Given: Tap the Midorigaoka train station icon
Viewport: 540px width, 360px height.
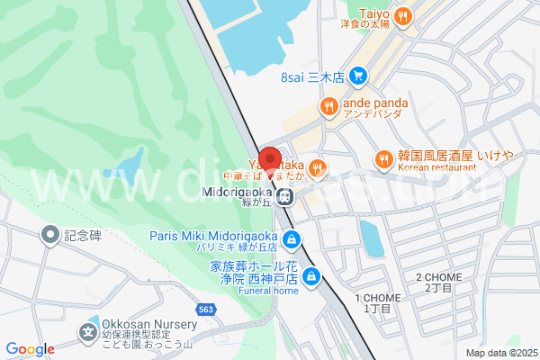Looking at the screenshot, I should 284,196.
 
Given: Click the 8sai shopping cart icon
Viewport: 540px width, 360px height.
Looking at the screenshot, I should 358,76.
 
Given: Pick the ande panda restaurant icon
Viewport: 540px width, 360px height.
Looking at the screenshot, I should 329,106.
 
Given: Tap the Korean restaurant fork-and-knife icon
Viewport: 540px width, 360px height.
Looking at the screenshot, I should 384,158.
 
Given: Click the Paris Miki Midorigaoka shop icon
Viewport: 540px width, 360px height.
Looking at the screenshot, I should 291,239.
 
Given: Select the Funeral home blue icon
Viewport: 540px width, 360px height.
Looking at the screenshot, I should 311,276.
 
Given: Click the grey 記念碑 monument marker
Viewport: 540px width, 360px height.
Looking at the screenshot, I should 50,235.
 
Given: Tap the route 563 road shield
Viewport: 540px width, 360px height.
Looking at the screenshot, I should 207,309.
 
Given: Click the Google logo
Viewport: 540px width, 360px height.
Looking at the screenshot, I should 30,349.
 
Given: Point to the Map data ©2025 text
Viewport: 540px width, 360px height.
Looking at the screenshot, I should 499,353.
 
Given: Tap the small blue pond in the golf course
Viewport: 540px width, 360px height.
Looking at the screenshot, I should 130,166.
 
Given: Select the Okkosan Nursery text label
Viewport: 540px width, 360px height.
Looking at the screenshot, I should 148,324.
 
